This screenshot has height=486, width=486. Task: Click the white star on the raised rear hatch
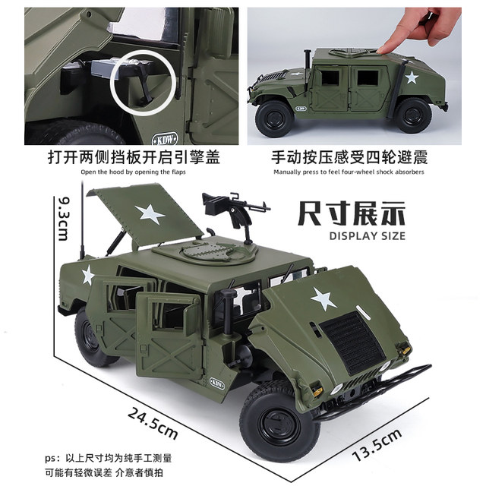[x=150, y=214]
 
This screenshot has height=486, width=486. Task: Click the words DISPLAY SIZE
[x=368, y=236]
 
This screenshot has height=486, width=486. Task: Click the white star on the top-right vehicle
[x=412, y=77]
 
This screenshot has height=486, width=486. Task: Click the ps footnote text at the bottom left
[x=108, y=465]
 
